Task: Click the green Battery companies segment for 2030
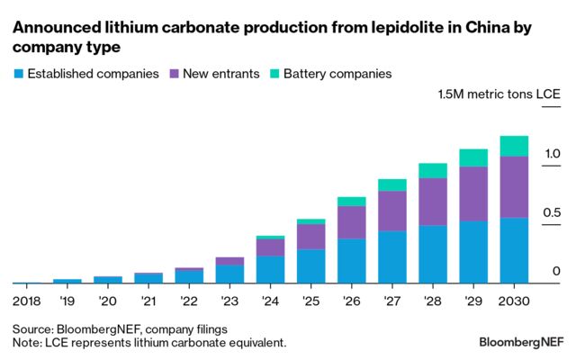pyautogui.click(x=514, y=146)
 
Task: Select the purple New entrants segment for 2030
pyautogui.click(x=514, y=187)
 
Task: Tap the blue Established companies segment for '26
pyautogui.click(x=352, y=261)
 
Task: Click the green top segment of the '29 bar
pyautogui.click(x=473, y=158)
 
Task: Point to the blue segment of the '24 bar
pyautogui.click(x=270, y=269)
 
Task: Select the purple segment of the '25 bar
pyautogui.click(x=311, y=237)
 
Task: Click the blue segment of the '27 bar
pyautogui.click(x=392, y=257)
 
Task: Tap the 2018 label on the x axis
pyautogui.click(x=27, y=299)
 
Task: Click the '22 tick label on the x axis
pyautogui.click(x=189, y=299)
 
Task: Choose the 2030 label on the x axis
pyautogui.click(x=514, y=299)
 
